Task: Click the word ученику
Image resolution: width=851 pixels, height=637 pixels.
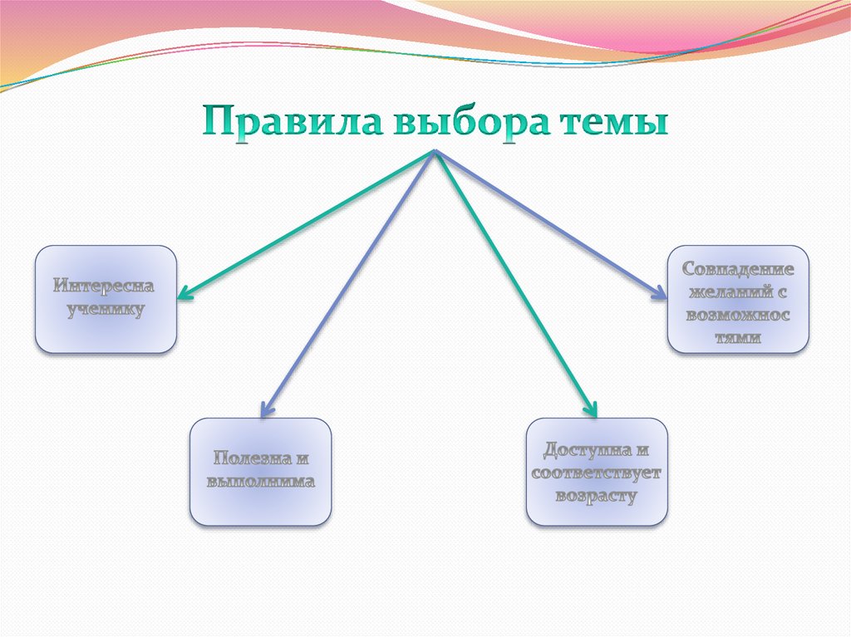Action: tap(106, 311)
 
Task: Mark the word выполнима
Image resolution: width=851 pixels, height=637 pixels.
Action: tap(260, 482)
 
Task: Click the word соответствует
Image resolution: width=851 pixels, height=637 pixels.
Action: tap(597, 474)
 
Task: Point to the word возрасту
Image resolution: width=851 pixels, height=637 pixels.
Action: tap(597, 497)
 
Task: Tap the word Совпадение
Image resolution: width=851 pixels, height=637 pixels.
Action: tap(738, 270)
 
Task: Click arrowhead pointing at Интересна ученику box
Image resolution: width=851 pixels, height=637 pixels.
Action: tap(184, 292)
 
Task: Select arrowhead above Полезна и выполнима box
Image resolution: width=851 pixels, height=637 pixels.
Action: tap(266, 409)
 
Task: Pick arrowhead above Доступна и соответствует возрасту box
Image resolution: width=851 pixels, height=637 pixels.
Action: tap(591, 409)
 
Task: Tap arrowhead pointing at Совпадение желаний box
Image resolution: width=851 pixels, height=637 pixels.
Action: tap(659, 292)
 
